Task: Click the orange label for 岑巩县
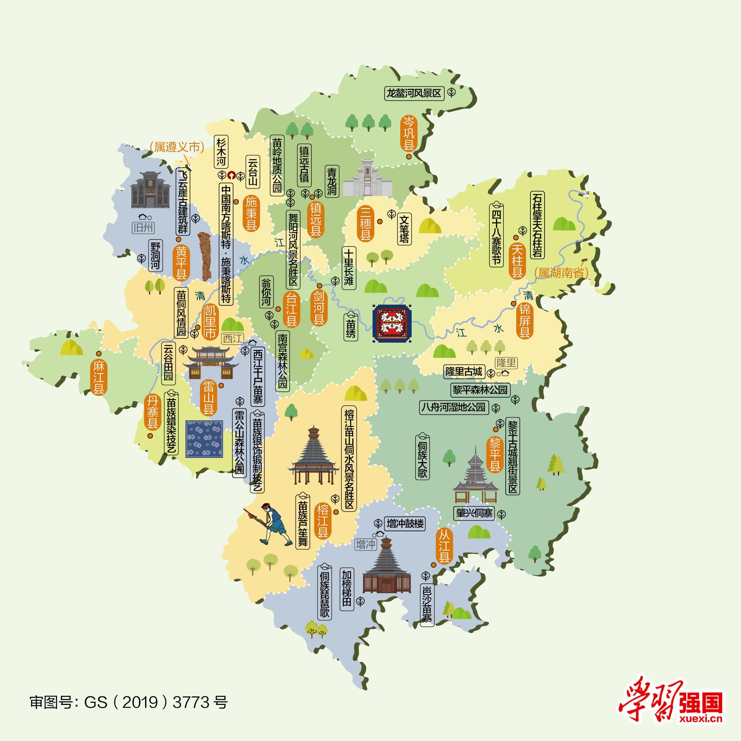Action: pos(409,133)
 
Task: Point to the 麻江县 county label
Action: pos(98,378)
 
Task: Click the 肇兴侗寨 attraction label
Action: pos(474,513)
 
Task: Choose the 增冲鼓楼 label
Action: pos(405,523)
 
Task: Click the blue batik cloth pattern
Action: pos(205,439)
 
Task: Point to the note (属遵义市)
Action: pos(177,147)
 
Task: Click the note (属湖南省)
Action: pos(562,272)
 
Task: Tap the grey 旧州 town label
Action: pos(143,227)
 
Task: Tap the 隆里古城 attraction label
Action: pos(464,371)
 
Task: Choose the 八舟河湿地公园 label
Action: pos(453,407)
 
